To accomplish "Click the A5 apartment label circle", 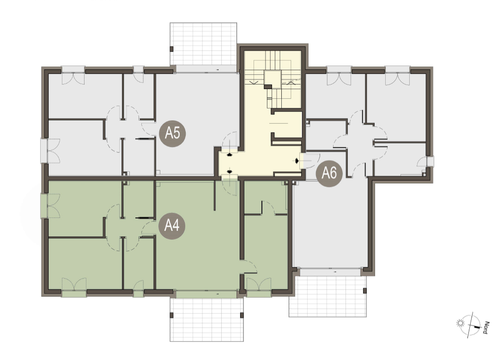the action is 172,133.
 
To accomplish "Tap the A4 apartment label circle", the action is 172,226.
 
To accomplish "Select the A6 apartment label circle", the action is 329,173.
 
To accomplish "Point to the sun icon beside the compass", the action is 460,323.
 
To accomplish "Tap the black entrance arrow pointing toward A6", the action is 297,161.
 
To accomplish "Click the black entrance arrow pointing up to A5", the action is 230,155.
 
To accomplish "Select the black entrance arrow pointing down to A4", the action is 230,172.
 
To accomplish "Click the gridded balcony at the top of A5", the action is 203,44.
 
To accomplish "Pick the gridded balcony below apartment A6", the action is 328,296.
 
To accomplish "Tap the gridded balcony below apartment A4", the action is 206,319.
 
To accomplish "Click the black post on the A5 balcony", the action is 171,49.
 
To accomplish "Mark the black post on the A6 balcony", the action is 365,290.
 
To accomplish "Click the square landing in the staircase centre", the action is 273,79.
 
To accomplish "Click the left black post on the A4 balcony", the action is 171,315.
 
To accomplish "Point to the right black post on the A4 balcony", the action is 242,315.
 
